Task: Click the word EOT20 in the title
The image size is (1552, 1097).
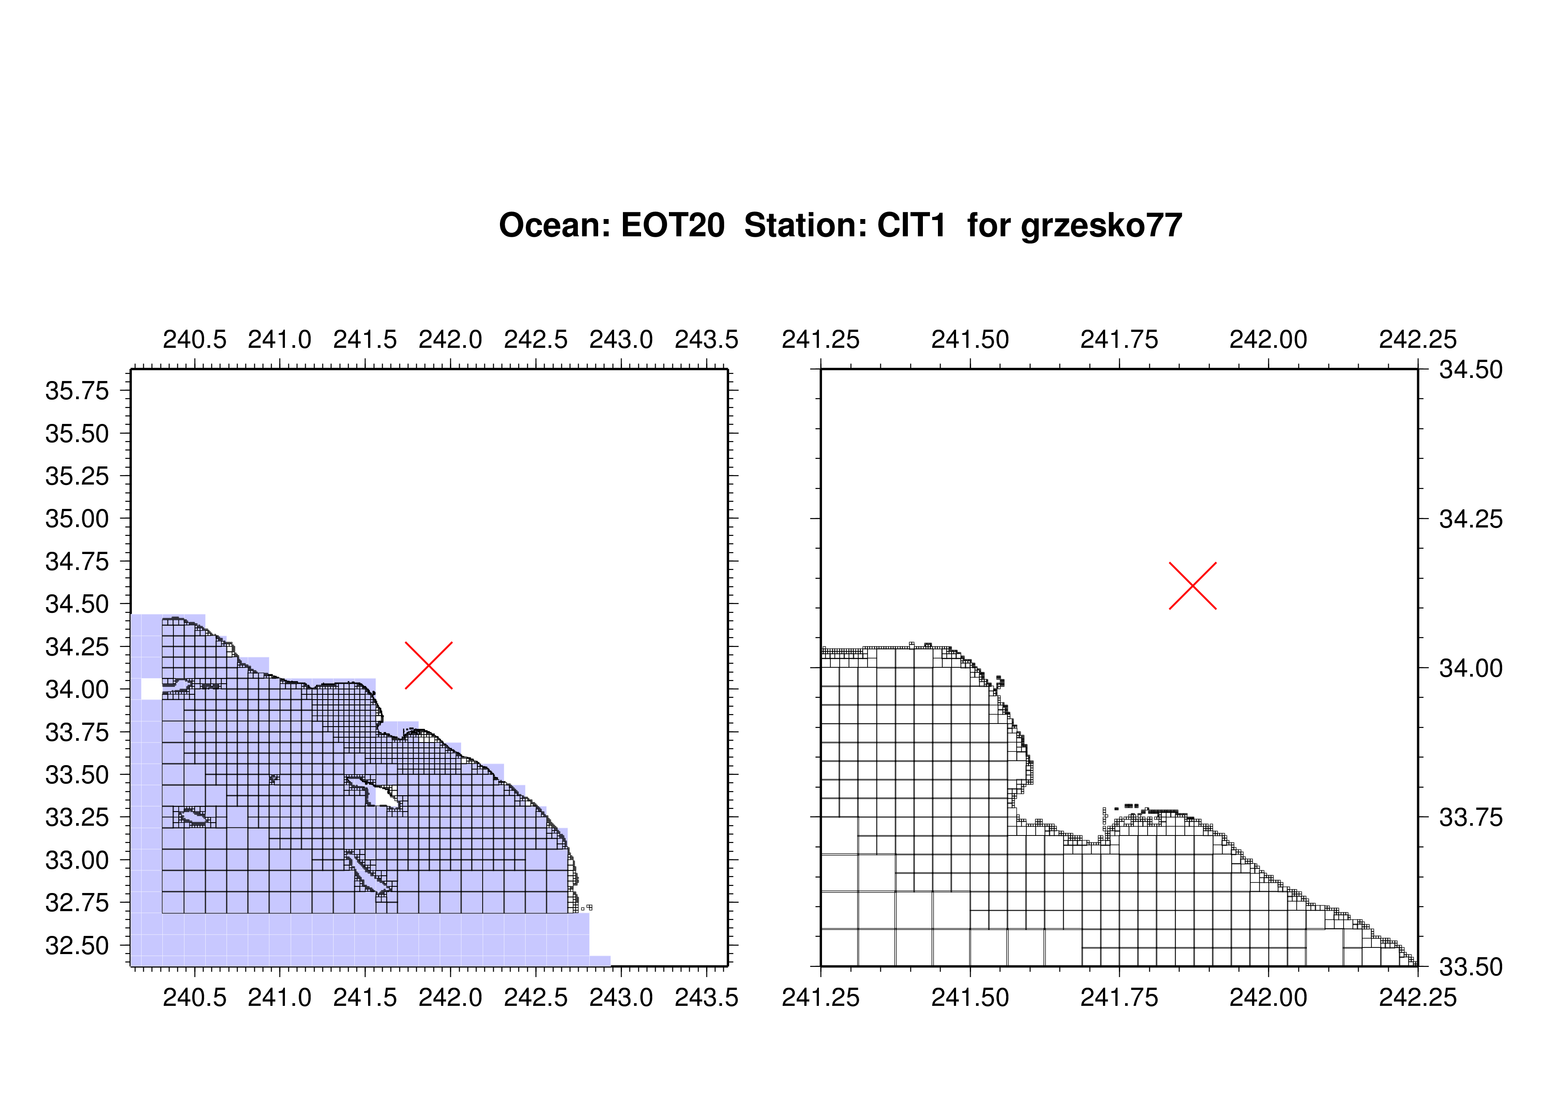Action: click(672, 225)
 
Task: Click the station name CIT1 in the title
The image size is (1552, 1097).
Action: click(911, 225)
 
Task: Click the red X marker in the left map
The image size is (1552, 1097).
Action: click(429, 665)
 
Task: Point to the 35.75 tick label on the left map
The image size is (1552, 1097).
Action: click(77, 391)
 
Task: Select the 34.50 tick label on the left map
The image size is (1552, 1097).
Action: click(77, 604)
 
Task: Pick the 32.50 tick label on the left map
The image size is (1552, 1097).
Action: click(77, 946)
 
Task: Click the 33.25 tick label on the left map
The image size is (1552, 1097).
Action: click(77, 817)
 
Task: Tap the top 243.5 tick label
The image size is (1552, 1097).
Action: click(707, 339)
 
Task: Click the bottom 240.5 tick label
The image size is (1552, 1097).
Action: click(195, 997)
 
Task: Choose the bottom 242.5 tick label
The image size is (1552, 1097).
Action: click(536, 997)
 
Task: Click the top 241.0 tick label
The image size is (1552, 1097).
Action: click(280, 339)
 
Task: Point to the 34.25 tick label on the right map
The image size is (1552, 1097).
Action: click(1471, 519)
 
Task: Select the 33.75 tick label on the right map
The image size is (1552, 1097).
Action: click(1471, 817)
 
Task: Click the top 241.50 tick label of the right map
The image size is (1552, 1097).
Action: click(970, 339)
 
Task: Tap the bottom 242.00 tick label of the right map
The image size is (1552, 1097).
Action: click(1268, 997)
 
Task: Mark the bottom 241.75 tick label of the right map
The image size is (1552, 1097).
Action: click(1119, 997)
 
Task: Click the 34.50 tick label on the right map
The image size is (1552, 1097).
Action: click(1471, 370)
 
